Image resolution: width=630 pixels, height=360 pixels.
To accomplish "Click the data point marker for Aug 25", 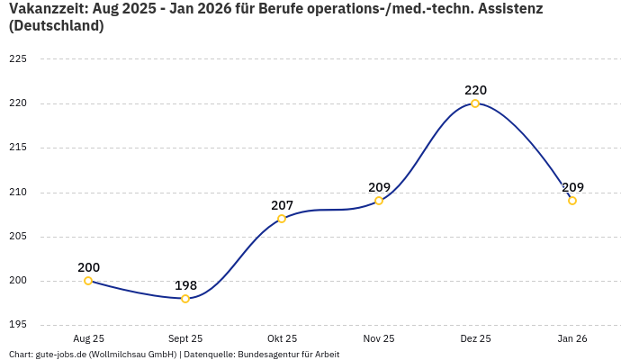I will [88, 281].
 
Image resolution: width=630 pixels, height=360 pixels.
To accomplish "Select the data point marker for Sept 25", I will [185, 299].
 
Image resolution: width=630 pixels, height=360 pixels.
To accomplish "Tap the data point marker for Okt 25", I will [282, 219].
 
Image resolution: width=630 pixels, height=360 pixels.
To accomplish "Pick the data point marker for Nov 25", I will [379, 201].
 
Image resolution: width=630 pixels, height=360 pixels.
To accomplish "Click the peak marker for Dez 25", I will [475, 103].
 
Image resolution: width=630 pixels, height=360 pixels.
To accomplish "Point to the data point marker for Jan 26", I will [572, 201].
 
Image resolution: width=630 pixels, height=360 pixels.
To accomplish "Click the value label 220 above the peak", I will [475, 90].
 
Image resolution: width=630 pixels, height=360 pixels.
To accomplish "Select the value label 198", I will [185, 285].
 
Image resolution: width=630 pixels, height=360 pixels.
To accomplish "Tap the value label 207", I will [282, 205].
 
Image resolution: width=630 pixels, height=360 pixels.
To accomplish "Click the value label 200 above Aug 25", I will [88, 267].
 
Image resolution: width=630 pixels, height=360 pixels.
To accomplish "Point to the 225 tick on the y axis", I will [18, 59].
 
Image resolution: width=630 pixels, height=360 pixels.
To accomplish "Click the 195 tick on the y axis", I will [18, 325].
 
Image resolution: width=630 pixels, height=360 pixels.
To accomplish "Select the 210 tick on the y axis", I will [18, 192].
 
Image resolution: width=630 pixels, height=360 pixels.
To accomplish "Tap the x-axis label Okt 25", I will [282, 339].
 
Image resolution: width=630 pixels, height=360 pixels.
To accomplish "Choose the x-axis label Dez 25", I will [475, 339].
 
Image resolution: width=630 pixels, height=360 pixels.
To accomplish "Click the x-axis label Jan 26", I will [572, 339].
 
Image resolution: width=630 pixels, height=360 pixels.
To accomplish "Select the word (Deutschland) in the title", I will [56, 26].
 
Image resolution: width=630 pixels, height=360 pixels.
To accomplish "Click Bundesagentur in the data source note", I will [267, 355].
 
